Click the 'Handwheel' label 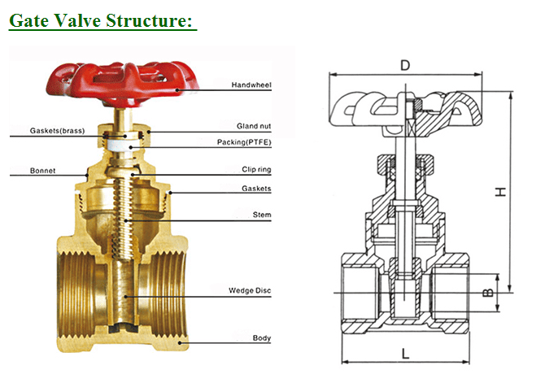251,85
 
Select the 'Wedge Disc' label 250,290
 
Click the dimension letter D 405,64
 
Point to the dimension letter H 502,191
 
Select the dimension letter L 405,353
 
